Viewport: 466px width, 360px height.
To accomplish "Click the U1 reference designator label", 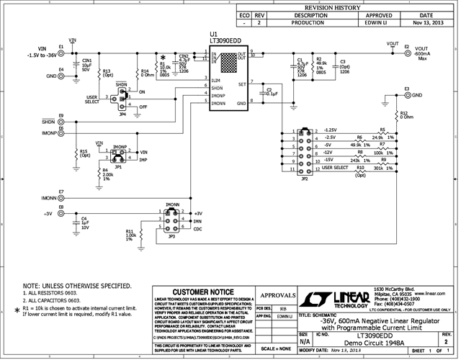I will (213, 34).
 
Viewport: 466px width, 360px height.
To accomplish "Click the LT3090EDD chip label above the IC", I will (226, 41).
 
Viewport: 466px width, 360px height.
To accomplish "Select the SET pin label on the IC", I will (242, 84).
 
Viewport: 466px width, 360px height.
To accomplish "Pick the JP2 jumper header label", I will (305, 178).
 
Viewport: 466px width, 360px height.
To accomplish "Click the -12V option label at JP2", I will (329, 153).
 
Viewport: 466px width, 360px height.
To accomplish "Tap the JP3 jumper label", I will (171, 236).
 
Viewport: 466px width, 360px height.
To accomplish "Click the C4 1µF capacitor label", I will (84, 222).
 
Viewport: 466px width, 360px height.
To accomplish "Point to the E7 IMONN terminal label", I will (62, 192).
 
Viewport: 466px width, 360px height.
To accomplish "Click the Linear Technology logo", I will (336, 298).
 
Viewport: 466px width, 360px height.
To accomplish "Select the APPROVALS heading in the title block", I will (276, 294).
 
